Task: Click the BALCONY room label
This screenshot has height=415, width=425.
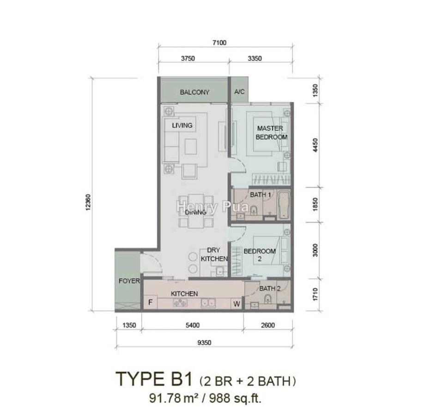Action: click(x=194, y=92)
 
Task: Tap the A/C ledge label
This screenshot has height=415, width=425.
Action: click(x=239, y=92)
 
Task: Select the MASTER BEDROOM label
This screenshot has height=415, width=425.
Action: click(x=271, y=133)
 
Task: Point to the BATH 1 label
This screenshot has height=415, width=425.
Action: click(x=260, y=195)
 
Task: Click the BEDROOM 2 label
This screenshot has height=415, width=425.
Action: click(x=260, y=255)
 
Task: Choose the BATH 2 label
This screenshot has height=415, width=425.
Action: click(x=270, y=288)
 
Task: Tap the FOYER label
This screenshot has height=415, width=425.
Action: click(x=129, y=281)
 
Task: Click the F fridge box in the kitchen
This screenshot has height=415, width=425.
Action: click(x=151, y=302)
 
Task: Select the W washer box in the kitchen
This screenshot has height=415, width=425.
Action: click(x=237, y=304)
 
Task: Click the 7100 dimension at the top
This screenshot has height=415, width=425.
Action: click(x=219, y=43)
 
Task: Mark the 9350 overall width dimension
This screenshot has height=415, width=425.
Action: click(x=204, y=342)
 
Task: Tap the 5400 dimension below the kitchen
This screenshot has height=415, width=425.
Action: click(x=193, y=325)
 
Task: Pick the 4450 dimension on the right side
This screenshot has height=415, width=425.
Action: click(x=315, y=145)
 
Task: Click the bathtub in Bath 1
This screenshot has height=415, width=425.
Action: click(x=284, y=205)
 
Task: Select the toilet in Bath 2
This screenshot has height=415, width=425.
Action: click(x=267, y=299)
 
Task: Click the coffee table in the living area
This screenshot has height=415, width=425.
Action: click(x=191, y=146)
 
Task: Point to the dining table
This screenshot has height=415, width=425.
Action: click(x=196, y=211)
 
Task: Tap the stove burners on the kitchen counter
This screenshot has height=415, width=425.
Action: click(x=180, y=303)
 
